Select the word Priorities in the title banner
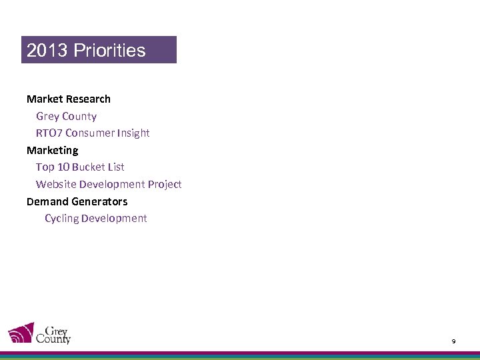click(109, 51)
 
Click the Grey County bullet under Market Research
click(66, 116)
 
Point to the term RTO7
click(49, 133)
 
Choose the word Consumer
click(90, 133)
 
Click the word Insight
click(133, 133)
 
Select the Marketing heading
click(52, 150)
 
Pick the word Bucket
click(89, 167)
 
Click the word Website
click(56, 184)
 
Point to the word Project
click(165, 184)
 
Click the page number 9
click(453, 341)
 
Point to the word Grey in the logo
click(56, 329)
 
